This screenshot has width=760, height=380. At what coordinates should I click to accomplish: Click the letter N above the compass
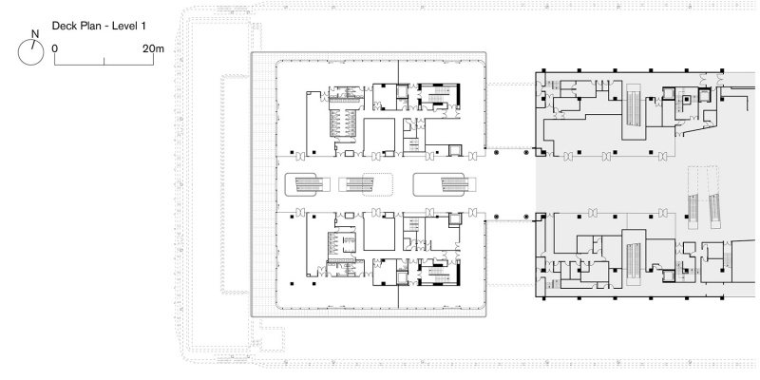point(35,34)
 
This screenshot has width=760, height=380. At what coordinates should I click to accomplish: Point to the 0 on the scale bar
point(55,48)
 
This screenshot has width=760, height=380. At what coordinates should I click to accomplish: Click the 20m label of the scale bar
point(153,48)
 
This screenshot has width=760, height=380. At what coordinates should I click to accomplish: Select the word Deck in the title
point(62,27)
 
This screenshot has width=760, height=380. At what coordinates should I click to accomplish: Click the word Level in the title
point(124,27)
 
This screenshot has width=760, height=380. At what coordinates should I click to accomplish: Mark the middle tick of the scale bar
point(104,61)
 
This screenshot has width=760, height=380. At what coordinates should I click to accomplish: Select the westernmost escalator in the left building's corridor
point(307,184)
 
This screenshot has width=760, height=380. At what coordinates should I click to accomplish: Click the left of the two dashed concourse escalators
point(693,198)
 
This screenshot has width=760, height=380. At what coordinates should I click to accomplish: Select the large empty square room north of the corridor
point(379,136)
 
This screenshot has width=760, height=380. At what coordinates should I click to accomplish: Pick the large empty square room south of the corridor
point(379,233)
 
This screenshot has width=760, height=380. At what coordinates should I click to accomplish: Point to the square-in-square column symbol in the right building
point(686,101)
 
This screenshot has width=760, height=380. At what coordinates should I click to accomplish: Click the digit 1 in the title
point(143,27)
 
